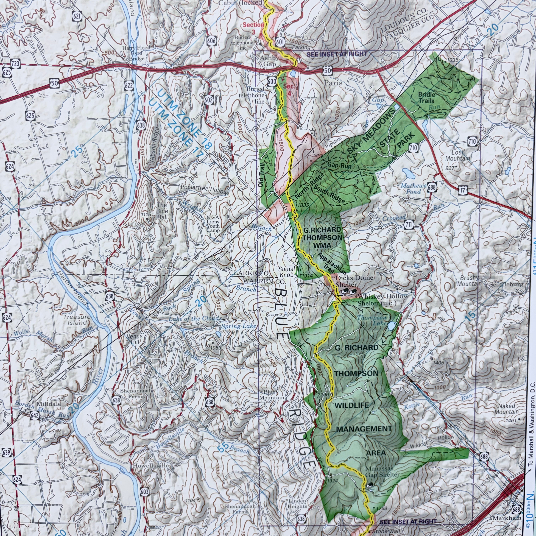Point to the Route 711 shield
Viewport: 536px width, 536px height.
tap(409, 224)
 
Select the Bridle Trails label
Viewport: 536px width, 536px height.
tap(427, 97)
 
